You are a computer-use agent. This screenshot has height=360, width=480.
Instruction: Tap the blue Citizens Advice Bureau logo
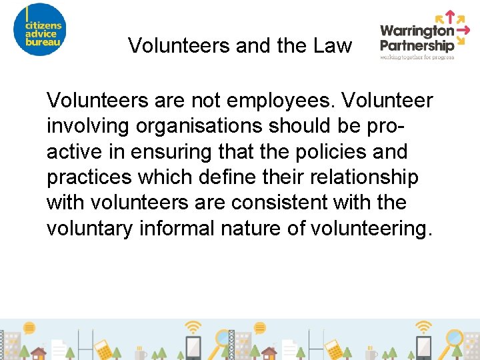pos(41,30)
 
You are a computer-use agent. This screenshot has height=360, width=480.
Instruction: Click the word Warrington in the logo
pos(417,31)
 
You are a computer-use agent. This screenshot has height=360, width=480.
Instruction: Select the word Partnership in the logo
pos(417,45)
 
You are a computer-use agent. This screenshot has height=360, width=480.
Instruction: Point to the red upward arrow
pos(449,17)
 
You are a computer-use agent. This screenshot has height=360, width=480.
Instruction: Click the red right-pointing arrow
pos(465,31)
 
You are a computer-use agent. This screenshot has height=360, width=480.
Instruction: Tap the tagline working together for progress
pos(417,57)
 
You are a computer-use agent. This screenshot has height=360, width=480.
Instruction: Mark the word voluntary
pos(90,228)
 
